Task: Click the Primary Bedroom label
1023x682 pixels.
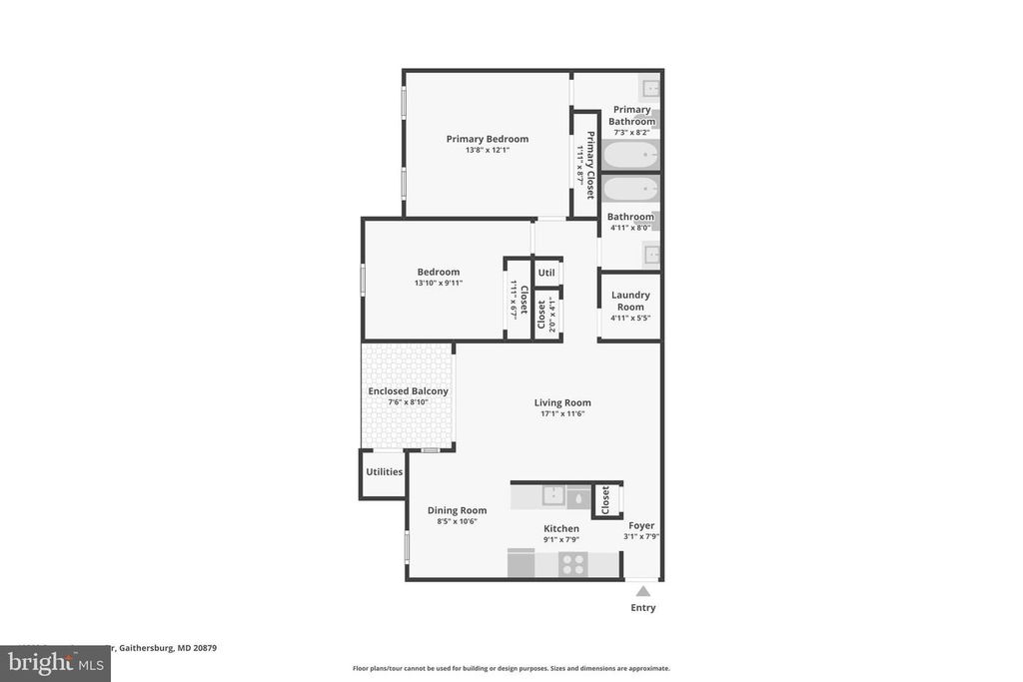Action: pos(487,139)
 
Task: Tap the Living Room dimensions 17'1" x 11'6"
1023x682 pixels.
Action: pos(562,413)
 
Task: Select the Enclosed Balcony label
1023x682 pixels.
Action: pos(408,391)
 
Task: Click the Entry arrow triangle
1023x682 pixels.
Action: pos(642,591)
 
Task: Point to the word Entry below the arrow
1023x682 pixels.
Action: pos(643,607)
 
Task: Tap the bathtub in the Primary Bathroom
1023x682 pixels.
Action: pos(630,156)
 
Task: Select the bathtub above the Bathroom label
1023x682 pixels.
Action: pos(630,189)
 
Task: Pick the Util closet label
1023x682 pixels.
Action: pos(546,273)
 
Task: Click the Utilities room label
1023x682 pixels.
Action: pos(384,471)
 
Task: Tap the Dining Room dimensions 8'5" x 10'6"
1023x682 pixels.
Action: pos(457,521)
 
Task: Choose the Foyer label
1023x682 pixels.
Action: pos(641,525)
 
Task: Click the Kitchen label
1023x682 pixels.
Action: pos(560,528)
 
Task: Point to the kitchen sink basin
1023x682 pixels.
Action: pos(552,494)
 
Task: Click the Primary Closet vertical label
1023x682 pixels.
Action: pos(590,165)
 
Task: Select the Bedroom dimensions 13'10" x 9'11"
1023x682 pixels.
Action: pos(438,283)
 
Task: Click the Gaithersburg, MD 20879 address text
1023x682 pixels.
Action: pos(166,647)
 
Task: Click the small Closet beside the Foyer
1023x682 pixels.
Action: pos(605,499)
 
